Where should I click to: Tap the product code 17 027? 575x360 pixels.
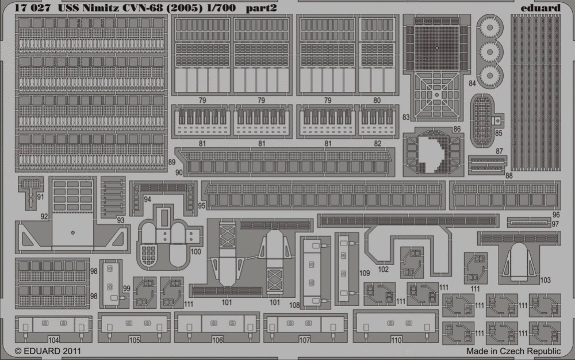click(33, 8)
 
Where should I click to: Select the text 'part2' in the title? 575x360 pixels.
click(262, 8)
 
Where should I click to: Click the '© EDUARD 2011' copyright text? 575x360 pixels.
click(48, 351)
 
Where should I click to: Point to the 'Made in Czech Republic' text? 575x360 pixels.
click(513, 351)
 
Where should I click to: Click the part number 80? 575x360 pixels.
click(377, 100)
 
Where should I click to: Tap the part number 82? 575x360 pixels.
click(377, 143)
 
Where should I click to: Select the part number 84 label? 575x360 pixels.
click(472, 83)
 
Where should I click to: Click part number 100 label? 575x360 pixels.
click(196, 251)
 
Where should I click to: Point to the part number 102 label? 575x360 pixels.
click(383, 270)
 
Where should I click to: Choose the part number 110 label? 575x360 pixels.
click(396, 340)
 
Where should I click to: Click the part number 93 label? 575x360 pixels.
click(120, 220)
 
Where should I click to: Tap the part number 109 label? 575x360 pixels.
click(365, 273)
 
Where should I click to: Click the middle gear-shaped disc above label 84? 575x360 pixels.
click(489, 51)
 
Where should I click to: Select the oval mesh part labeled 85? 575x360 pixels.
click(482, 121)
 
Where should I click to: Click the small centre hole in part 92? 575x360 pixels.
click(72, 233)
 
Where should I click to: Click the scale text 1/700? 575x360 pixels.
click(221, 7)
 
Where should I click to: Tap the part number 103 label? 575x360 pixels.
click(545, 280)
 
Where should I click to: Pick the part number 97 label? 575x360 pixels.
click(555, 224)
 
